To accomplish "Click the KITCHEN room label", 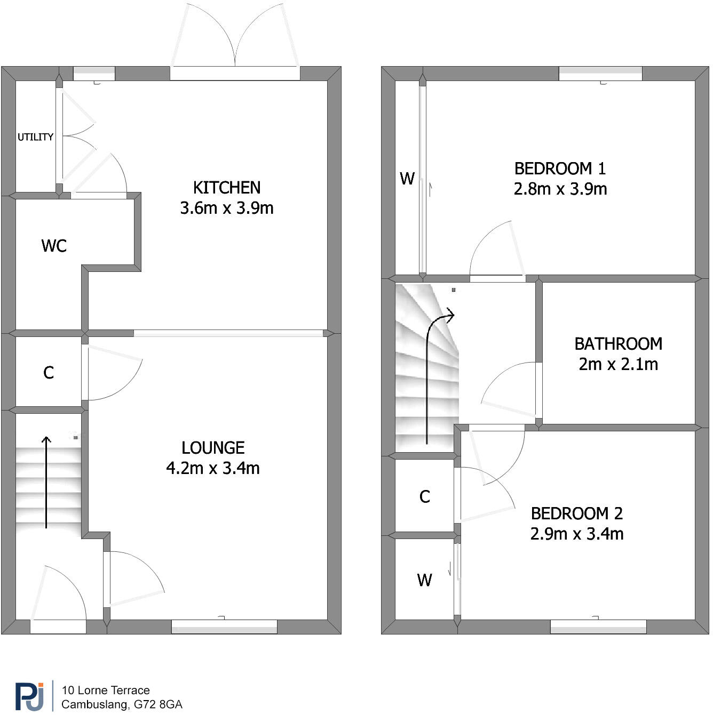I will (227, 188).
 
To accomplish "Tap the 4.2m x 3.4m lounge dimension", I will (213, 468).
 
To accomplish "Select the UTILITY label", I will (35, 137).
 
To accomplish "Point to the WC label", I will (54, 246).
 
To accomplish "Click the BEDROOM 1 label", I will (560, 168).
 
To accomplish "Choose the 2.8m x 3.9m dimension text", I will (560, 189).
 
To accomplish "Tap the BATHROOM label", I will (618, 344).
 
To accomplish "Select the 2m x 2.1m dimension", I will (618, 364).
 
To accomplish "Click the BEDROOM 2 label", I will (576, 513).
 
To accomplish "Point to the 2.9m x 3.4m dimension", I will (576, 534).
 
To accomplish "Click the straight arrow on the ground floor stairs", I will (46, 483).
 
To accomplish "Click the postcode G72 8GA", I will (158, 704).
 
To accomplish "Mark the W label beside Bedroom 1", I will (407, 179).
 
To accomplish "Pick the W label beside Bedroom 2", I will (424, 580).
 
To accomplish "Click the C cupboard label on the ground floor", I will (49, 373).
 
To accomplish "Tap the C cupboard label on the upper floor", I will (425, 497).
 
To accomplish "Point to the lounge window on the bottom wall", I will (224, 626).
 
